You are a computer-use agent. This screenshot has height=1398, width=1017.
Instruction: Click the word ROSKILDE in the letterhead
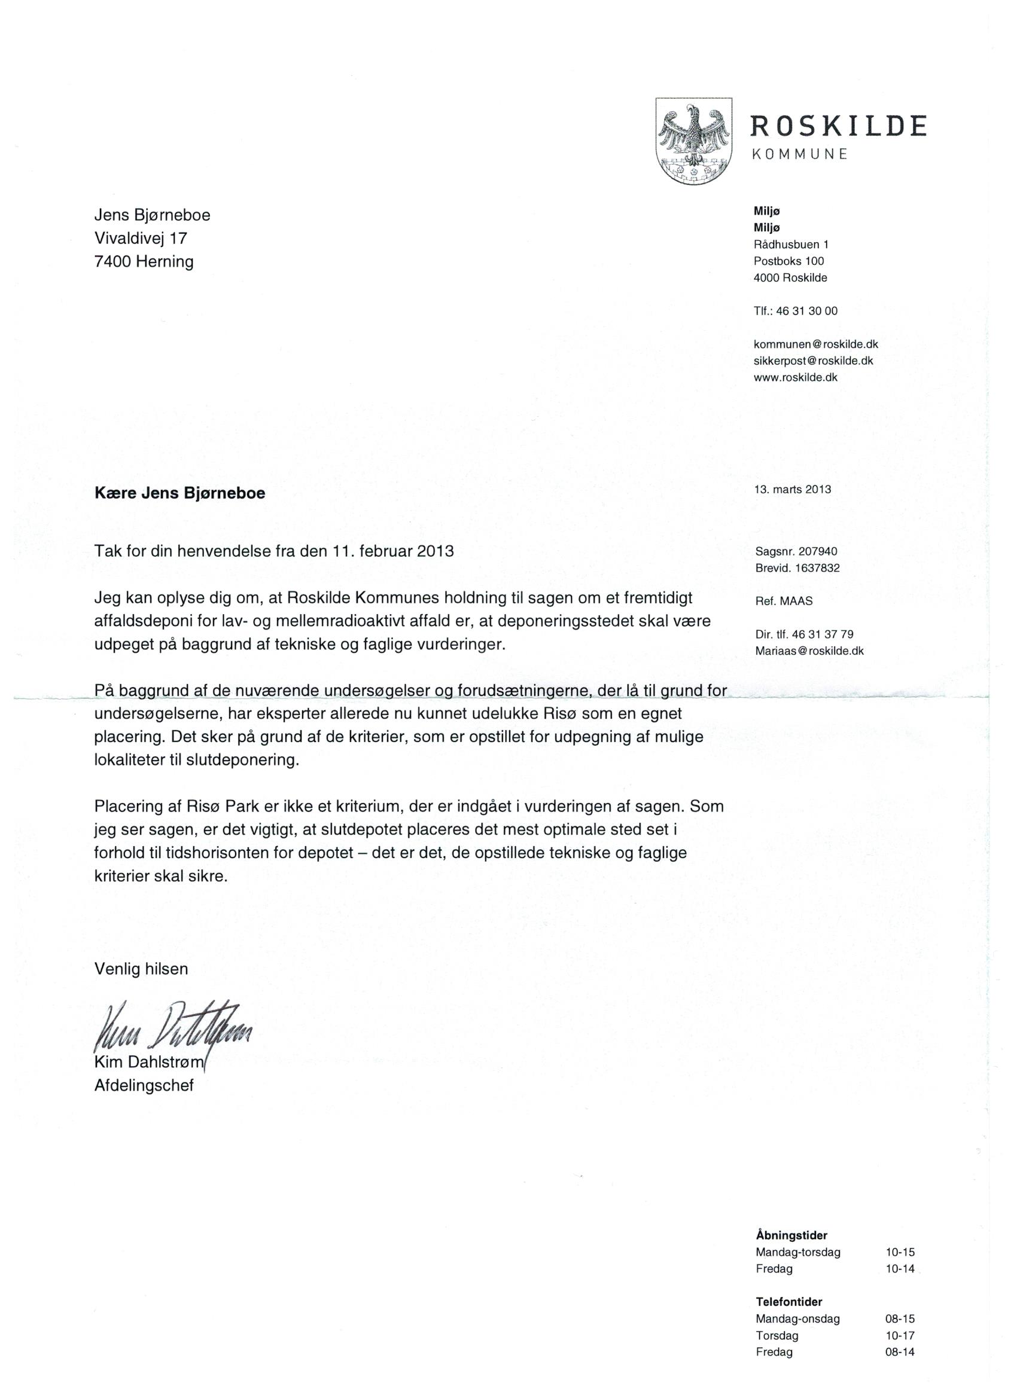838,126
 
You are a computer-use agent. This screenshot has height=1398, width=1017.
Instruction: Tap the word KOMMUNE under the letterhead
799,155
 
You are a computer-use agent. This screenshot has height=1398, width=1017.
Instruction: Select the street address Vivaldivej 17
141,238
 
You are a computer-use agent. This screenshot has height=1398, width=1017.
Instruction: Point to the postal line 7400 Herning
144,261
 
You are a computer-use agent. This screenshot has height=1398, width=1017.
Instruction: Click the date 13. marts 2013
793,490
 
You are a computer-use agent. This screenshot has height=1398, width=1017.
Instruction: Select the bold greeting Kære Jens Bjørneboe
179,493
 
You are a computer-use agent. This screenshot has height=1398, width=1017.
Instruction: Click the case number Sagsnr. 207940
796,552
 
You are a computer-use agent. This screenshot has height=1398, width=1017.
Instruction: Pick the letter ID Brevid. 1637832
797,567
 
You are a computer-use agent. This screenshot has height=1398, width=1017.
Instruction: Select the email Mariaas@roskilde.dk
809,651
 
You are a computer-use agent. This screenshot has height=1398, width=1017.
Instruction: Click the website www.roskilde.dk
796,377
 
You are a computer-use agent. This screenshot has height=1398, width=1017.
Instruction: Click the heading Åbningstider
791,1217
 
